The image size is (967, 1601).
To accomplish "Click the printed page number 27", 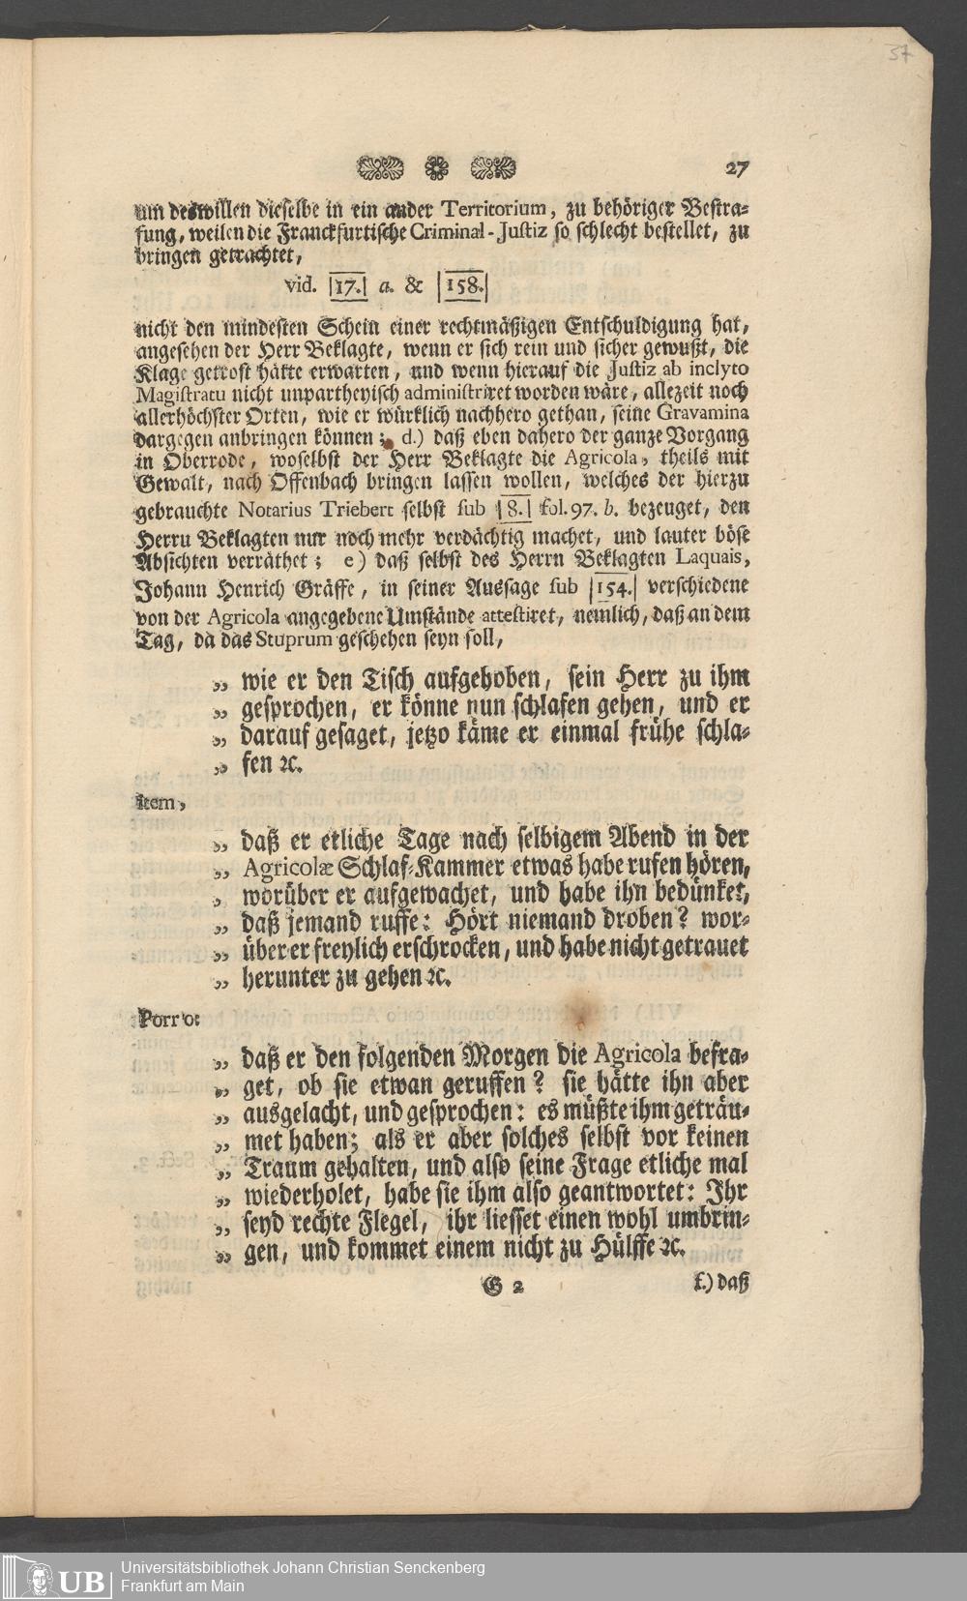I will tap(737, 167).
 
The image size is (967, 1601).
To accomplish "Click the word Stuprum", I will tap(292, 639).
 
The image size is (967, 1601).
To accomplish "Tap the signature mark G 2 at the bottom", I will tap(505, 1285).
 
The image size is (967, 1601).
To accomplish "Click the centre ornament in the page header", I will tap(433, 168).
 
